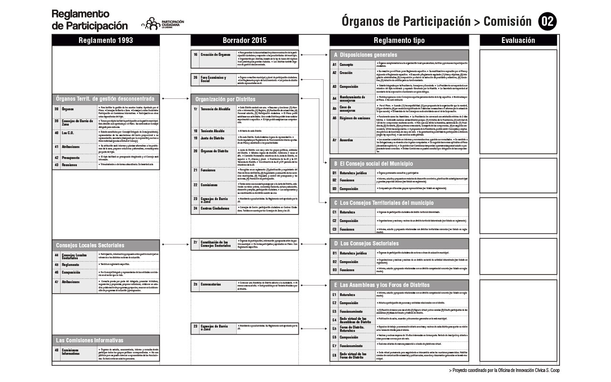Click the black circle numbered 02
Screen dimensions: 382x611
pyautogui.click(x=547, y=21)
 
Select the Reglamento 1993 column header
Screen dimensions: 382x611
pyautogui.click(x=105, y=41)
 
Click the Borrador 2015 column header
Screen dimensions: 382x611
pyautogui.click(x=244, y=41)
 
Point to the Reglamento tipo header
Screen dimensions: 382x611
pyautogui.click(x=399, y=41)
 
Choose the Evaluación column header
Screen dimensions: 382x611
pyautogui.click(x=518, y=41)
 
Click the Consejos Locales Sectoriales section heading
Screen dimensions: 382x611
pyautogui.click(x=90, y=245)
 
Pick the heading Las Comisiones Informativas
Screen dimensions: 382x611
pyautogui.click(x=89, y=340)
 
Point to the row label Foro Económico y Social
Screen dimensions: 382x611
pyautogui.click(x=213, y=79)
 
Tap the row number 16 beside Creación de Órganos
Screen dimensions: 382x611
pyautogui.click(x=196, y=55)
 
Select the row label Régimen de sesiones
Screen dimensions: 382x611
pyautogui.click(x=355, y=117)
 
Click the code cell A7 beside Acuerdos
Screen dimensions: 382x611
pyautogui.click(x=335, y=140)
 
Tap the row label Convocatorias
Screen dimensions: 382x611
pyautogui.click(x=211, y=284)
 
